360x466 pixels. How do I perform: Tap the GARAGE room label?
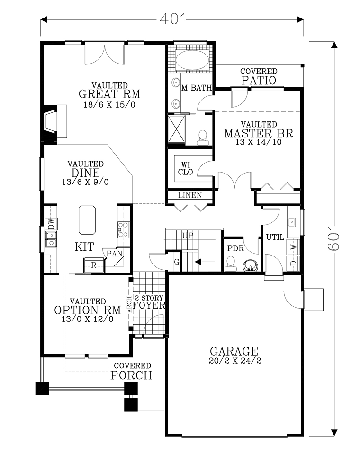(234, 351)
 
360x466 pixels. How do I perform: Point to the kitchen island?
(87, 220)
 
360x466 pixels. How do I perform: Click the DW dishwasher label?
(51, 223)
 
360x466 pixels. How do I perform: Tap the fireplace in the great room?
(55, 121)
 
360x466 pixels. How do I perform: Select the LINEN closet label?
(190, 195)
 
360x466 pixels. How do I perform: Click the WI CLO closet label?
(186, 168)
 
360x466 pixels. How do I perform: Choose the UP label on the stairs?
(188, 236)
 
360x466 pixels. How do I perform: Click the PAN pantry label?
(115, 254)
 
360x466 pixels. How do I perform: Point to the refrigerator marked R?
(94, 265)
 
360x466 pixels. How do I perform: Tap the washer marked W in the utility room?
(293, 247)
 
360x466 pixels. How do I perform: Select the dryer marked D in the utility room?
(293, 263)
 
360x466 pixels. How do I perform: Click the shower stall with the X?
(176, 129)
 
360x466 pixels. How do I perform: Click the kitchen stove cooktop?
(124, 229)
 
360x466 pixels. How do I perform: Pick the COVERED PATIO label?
(259, 76)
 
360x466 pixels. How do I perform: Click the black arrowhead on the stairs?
(198, 262)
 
